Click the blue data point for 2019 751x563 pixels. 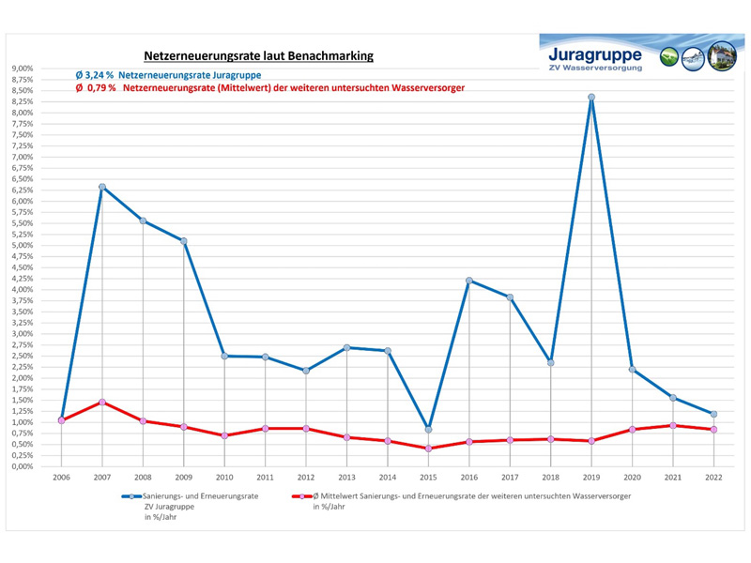coord(591,98)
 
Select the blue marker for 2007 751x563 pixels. coord(101,187)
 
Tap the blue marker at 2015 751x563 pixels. coord(428,430)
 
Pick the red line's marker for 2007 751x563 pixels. coord(101,402)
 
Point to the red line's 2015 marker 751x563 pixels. coord(428,449)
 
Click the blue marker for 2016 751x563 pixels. coord(469,281)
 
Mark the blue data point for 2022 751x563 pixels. coord(713,414)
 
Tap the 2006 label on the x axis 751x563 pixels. coord(61,478)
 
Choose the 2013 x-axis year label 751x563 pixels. coord(346,478)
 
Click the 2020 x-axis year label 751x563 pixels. coord(632,478)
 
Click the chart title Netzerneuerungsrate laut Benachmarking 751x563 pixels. coord(258,56)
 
